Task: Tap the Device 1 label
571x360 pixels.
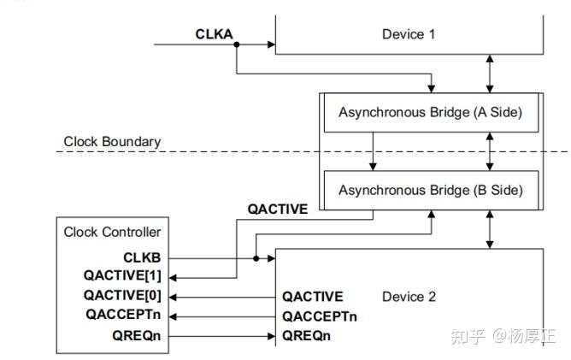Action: pos(408,33)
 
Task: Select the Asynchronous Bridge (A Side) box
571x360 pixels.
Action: pos(429,113)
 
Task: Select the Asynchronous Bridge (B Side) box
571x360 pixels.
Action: pos(429,190)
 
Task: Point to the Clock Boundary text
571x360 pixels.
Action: pos(112,141)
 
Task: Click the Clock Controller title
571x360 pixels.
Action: pos(112,232)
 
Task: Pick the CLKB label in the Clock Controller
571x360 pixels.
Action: pos(142,257)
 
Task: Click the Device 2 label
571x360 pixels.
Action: pos(409,297)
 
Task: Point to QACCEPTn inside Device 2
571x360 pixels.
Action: pos(320,316)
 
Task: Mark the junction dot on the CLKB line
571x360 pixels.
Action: pos(255,257)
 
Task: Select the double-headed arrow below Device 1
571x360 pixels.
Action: pos(489,74)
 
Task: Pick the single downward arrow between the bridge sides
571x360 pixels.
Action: pos(372,151)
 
